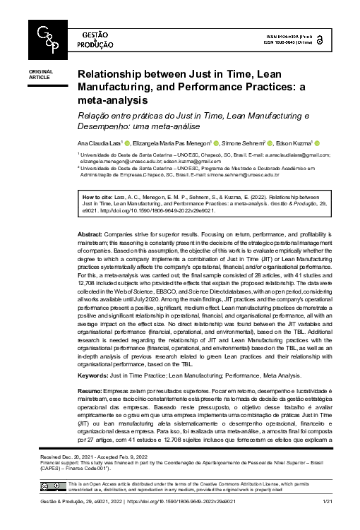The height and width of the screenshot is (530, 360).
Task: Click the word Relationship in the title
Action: (x=112, y=73)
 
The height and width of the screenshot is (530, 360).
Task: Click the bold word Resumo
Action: (x=89, y=390)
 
